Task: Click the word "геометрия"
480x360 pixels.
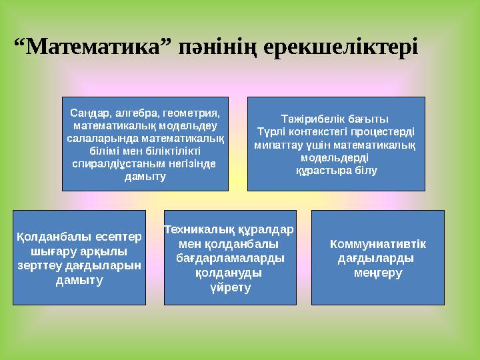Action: [187, 113]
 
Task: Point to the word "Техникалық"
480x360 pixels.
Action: [199, 229]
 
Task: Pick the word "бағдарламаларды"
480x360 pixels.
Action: [230, 258]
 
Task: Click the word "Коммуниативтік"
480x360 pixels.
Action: [378, 243]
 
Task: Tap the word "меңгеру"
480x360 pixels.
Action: [378, 273]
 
